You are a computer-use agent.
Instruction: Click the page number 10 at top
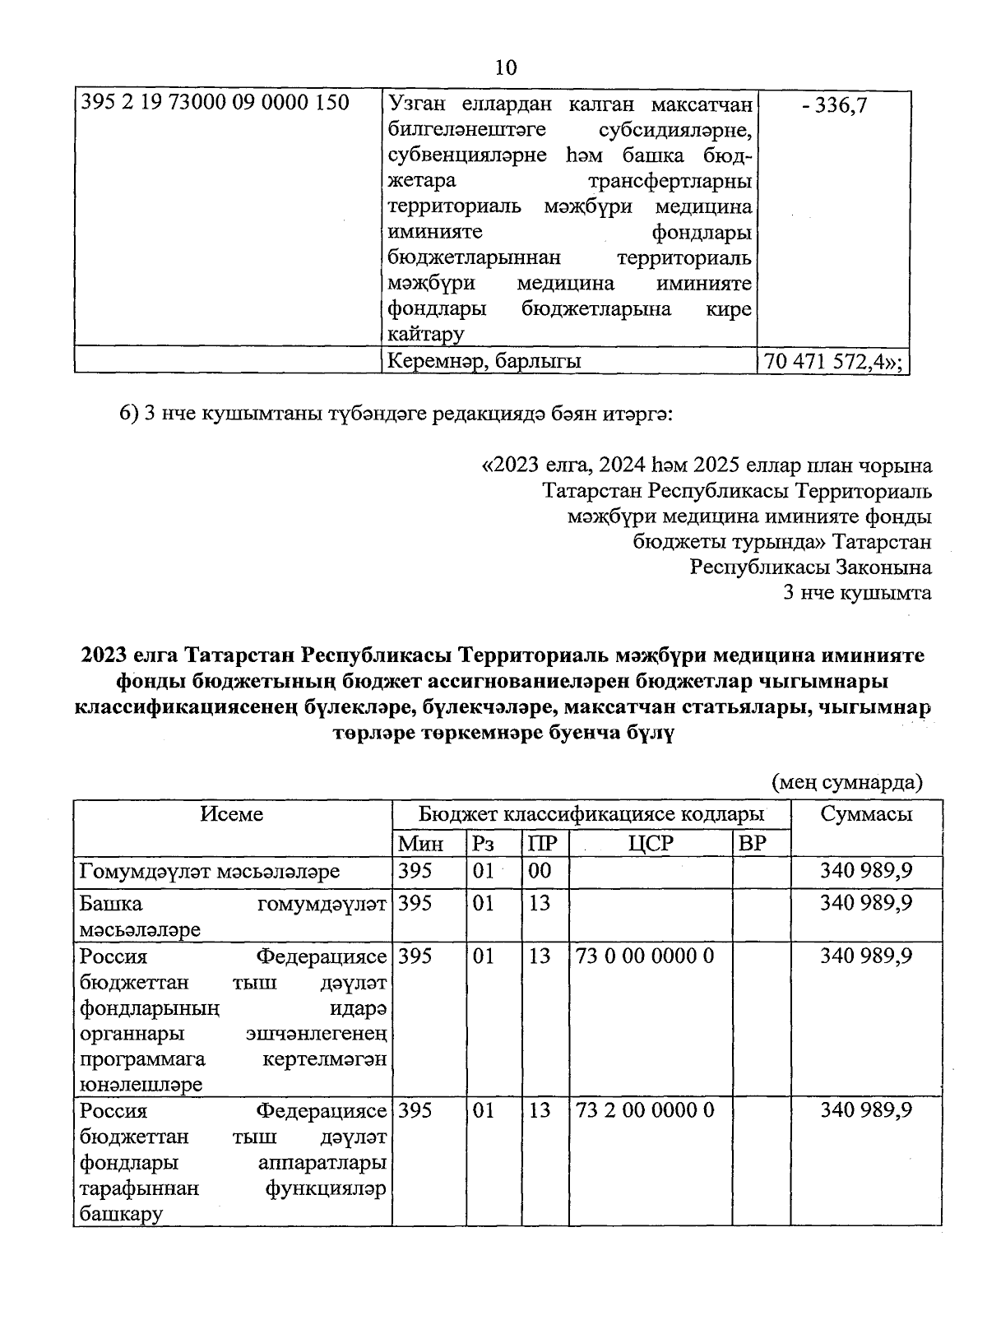506,68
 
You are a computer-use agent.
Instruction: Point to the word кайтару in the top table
425,334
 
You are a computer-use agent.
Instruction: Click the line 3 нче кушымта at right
858,593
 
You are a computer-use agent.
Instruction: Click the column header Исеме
232,814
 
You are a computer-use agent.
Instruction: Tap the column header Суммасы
865,814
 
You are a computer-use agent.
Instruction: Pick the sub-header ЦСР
650,843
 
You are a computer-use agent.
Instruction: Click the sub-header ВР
753,843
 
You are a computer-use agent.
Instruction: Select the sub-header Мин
420,843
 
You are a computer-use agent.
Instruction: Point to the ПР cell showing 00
540,871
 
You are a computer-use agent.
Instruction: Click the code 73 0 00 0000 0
645,956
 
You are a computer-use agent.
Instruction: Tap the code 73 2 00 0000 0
645,1110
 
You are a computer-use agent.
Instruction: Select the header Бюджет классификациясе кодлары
591,814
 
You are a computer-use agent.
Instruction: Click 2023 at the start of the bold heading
104,655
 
